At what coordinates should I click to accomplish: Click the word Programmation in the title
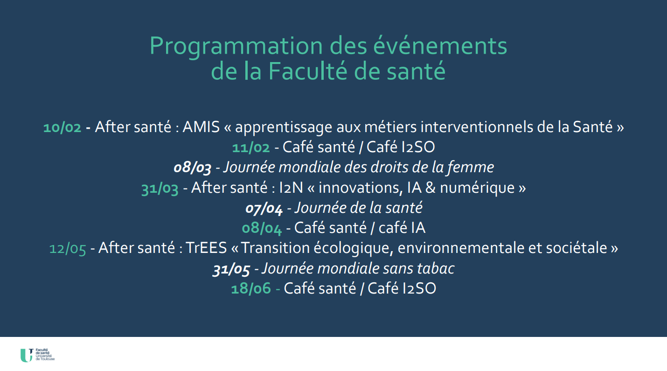(x=236, y=47)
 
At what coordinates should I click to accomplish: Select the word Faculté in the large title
(x=307, y=71)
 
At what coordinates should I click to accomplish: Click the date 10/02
(x=62, y=127)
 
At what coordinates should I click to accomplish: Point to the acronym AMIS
(x=201, y=127)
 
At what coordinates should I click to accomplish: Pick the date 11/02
(x=251, y=147)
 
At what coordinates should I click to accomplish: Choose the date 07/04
(x=264, y=208)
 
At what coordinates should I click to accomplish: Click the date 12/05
(x=68, y=249)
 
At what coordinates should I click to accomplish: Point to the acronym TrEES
(x=206, y=248)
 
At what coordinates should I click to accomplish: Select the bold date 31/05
(x=231, y=269)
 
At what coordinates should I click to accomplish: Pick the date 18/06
(x=251, y=289)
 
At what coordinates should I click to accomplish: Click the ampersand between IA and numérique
(x=431, y=188)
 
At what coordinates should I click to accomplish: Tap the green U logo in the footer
(x=26, y=356)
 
